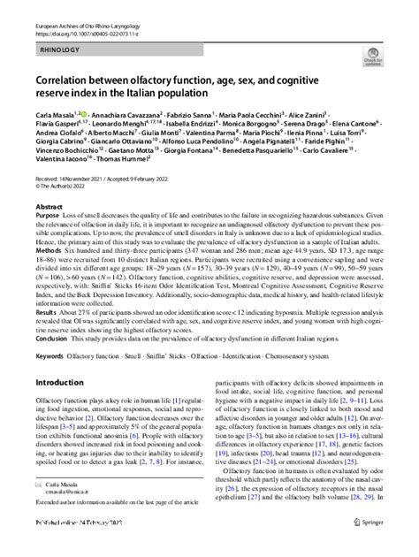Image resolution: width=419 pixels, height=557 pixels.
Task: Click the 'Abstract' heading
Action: tap(50, 206)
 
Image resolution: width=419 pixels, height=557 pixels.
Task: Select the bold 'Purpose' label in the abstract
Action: tap(49, 216)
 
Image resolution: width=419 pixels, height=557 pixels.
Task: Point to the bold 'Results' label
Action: tap(48, 312)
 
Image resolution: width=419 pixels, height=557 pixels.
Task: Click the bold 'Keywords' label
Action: tap(52, 355)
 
